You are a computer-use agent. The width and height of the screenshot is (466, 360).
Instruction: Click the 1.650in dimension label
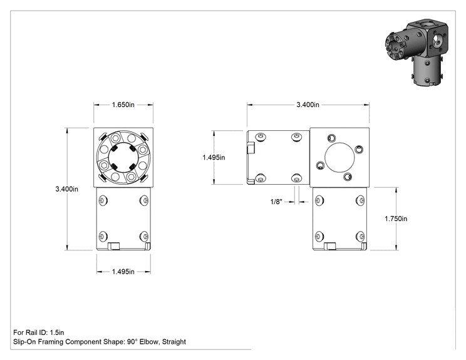[x=123, y=105]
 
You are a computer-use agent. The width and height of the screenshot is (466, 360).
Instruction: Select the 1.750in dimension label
[x=396, y=219]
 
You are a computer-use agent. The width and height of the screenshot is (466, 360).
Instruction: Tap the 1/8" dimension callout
[x=276, y=202]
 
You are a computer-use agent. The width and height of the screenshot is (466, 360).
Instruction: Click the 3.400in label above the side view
[x=308, y=105]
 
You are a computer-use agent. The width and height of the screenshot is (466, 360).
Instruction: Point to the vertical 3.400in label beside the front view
[x=67, y=189]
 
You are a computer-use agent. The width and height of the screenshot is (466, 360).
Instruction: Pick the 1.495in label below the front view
[x=123, y=272]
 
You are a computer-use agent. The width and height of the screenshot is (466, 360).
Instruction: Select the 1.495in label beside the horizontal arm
[x=214, y=157]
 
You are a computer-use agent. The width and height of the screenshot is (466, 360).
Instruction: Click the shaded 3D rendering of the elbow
[x=417, y=51]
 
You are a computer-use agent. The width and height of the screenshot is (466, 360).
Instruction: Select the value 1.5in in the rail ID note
[x=57, y=332]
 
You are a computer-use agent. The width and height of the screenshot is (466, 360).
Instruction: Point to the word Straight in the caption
[x=174, y=342]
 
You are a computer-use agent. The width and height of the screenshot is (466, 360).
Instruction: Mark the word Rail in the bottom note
[x=31, y=332]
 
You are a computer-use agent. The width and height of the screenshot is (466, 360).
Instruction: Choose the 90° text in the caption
[x=133, y=342]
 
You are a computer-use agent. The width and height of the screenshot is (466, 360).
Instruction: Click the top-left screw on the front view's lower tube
[x=103, y=201]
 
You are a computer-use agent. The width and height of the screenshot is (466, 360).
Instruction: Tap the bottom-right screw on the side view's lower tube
[x=360, y=237]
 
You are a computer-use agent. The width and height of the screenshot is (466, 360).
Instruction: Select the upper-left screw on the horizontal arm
[x=261, y=137]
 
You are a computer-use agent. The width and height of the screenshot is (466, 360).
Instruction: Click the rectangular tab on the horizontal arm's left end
[x=251, y=148]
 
